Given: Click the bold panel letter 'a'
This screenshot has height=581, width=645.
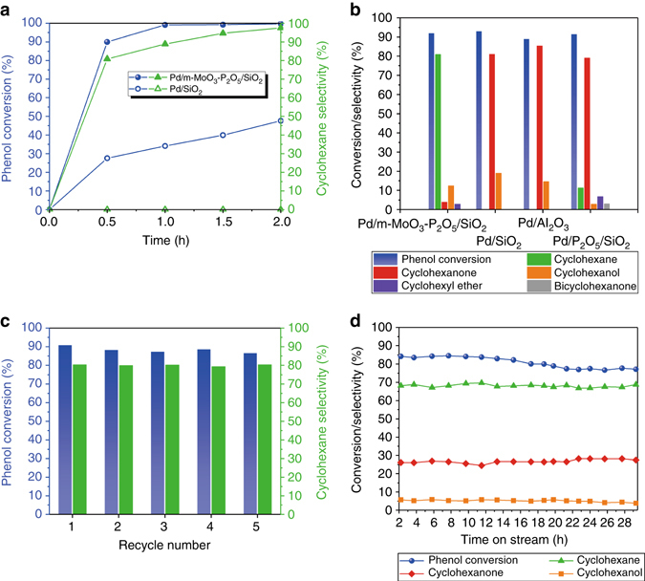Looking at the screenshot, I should pos(7,10).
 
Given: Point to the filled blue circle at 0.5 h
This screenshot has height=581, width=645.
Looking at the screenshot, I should pos(106,42).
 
